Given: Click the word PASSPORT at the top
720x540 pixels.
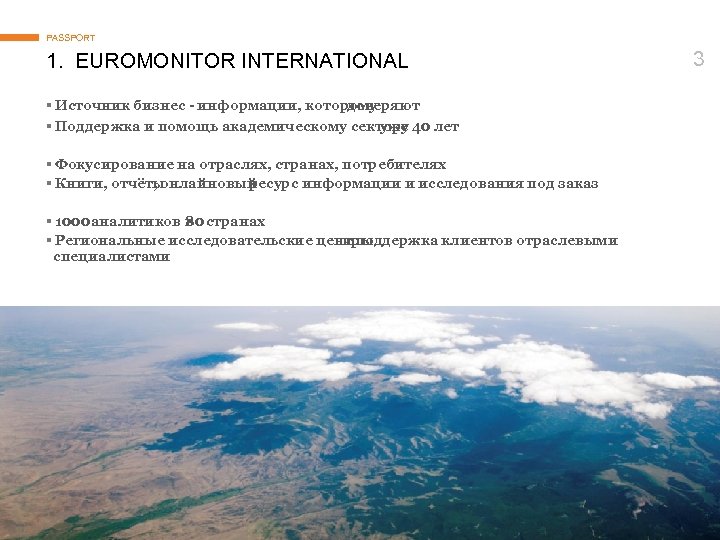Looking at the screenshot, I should [71, 38].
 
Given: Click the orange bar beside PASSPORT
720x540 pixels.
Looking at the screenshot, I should [20, 38].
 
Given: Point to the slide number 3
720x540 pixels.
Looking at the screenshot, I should [698, 59].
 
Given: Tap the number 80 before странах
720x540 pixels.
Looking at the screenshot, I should [195, 221].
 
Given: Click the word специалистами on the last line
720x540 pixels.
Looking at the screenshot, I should [111, 257].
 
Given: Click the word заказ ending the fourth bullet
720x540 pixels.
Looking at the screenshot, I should [578, 184].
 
